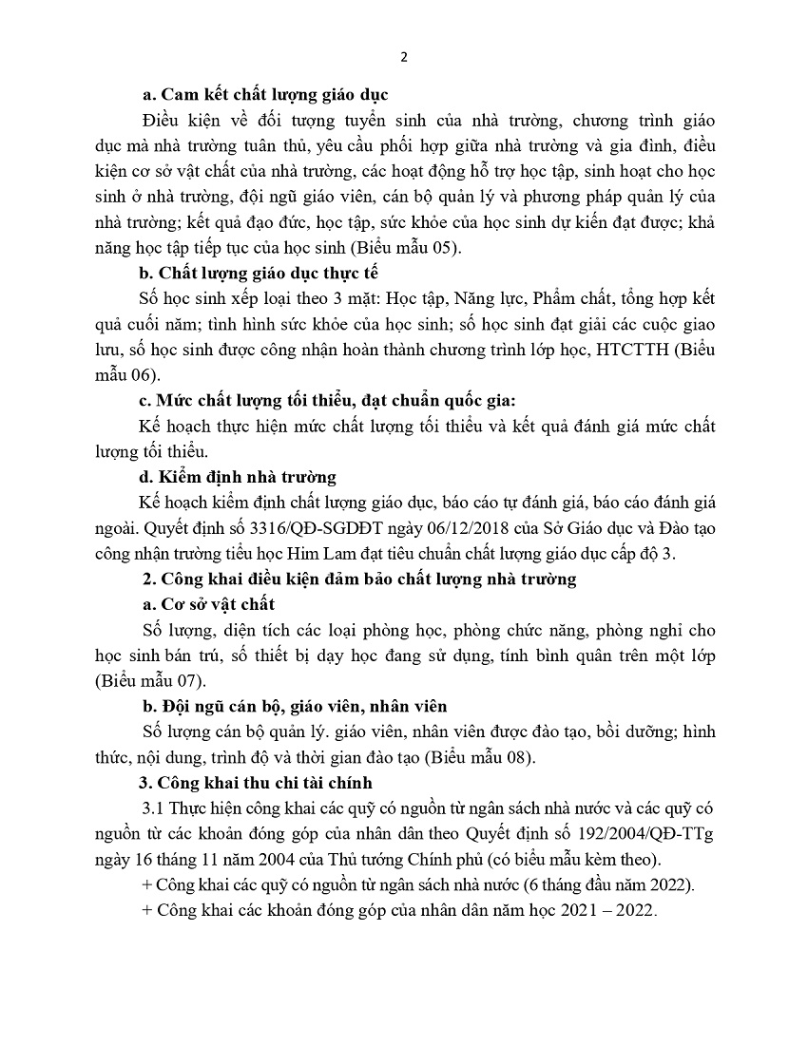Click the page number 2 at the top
click(x=404, y=56)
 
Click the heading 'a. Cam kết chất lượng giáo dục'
click(x=264, y=95)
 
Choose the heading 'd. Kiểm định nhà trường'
click(x=238, y=477)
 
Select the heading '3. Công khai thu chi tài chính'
click(x=256, y=783)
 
